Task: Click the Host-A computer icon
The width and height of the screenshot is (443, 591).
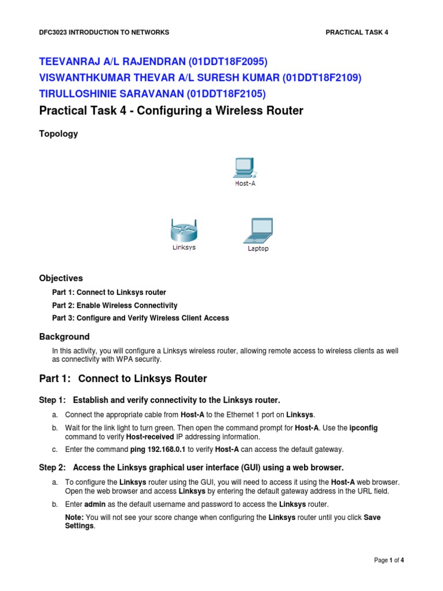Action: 245,167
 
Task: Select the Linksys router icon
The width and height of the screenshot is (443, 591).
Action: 184,231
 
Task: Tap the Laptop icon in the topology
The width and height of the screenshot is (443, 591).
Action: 257,231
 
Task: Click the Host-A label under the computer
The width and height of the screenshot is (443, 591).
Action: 245,184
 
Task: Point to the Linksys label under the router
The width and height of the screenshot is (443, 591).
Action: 184,248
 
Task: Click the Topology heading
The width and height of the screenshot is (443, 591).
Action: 58,134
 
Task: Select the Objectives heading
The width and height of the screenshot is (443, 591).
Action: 61,278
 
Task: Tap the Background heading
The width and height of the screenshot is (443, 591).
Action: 65,336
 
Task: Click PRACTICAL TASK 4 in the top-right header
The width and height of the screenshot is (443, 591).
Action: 357,32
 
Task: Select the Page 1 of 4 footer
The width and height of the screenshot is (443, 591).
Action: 393,560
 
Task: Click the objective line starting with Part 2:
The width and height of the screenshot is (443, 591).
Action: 115,305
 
